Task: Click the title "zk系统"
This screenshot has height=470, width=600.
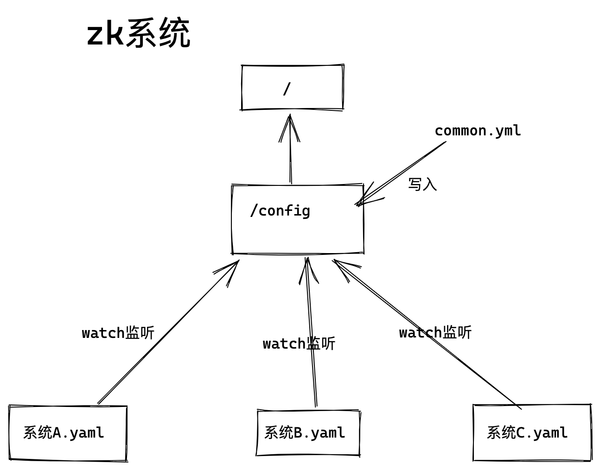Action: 138,33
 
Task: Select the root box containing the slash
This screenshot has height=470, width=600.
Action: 292,88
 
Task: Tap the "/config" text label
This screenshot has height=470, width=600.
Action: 280,211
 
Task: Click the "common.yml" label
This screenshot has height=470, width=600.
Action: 478,131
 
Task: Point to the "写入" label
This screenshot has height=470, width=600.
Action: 422,184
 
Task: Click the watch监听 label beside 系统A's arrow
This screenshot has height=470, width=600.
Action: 118,333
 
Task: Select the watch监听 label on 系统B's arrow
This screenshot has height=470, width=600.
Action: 299,344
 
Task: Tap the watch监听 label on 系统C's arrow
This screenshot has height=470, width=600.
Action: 435,332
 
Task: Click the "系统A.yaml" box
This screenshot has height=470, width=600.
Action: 68,433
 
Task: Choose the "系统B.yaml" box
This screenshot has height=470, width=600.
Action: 308,433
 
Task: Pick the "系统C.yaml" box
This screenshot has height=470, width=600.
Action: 532,432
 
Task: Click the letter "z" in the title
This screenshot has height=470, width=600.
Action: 96,34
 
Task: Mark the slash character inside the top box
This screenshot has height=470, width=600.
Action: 287,89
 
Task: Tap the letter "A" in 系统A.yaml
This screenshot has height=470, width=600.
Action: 57,433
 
